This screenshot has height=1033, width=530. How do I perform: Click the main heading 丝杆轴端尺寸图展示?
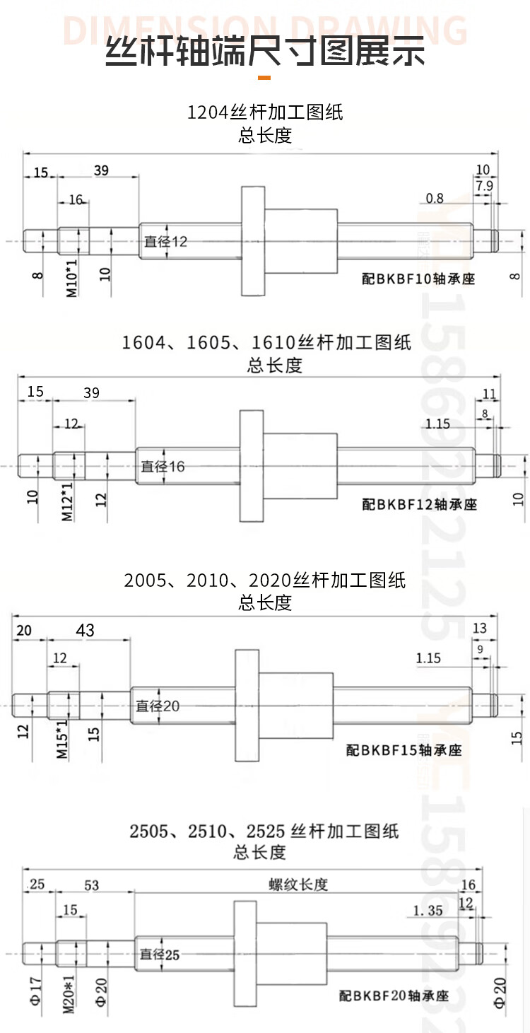[x=265, y=51]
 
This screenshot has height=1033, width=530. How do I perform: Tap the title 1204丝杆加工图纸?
[x=265, y=112]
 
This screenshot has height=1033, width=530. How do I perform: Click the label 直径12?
[x=166, y=241]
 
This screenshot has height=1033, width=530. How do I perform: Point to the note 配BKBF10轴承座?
[x=418, y=279]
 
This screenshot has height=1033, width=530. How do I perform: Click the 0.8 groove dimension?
[x=435, y=198]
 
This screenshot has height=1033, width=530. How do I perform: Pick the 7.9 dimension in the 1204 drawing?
[x=484, y=185]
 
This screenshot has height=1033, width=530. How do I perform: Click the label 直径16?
[x=163, y=466]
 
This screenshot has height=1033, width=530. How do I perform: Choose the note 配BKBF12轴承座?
[x=420, y=504]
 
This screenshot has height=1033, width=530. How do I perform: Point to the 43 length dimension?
[x=85, y=630]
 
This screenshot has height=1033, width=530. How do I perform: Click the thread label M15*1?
[x=62, y=740]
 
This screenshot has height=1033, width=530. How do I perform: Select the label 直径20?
[x=158, y=706]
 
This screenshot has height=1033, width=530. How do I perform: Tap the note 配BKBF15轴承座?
[x=404, y=750]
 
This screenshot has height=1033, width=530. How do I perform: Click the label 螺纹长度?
[x=298, y=885]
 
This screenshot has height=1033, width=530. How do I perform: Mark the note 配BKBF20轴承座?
[x=394, y=996]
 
